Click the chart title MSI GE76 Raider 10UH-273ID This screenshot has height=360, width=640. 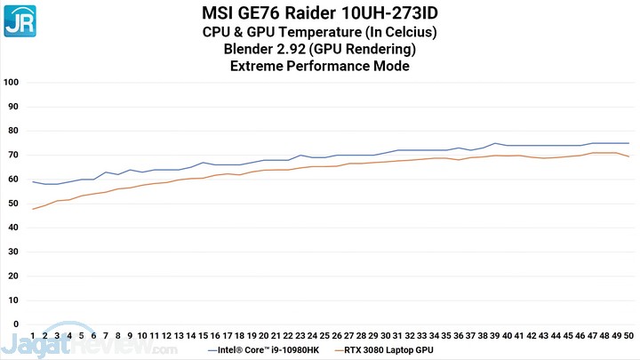tap(319, 13)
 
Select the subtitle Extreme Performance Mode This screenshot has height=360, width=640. tap(319, 65)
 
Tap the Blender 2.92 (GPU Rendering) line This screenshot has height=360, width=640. tap(319, 48)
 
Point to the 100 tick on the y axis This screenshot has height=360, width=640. tap(12, 82)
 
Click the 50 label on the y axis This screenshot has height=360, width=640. tap(12, 204)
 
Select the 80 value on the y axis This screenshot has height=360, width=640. tap(12, 131)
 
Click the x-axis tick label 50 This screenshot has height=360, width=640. tap(628, 336)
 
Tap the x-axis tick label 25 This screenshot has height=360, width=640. tap(324, 336)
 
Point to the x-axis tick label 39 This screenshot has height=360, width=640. tap(495, 336)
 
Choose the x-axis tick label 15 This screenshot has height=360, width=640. tap(204, 336)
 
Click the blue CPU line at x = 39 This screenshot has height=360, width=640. tap(495, 143)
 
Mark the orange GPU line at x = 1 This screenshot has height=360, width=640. tap(33, 209)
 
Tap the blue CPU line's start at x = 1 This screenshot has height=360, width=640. tap(33, 181)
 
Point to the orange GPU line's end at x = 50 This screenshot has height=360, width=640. tap(628, 156)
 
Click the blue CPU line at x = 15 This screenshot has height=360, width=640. tap(204, 163)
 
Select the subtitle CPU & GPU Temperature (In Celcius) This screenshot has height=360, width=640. tap(319, 32)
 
